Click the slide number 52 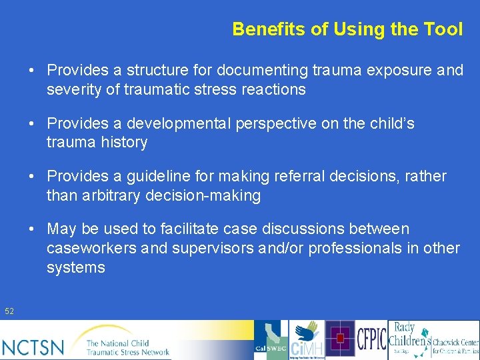coord(9,311)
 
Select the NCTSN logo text coord(33,347)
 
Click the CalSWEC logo coord(271,340)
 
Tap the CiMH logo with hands coord(307,340)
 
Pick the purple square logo coord(340,339)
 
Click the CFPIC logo coord(371,339)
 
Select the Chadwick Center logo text coord(455,343)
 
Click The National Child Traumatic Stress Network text coord(127,347)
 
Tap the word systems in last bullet coord(76,267)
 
